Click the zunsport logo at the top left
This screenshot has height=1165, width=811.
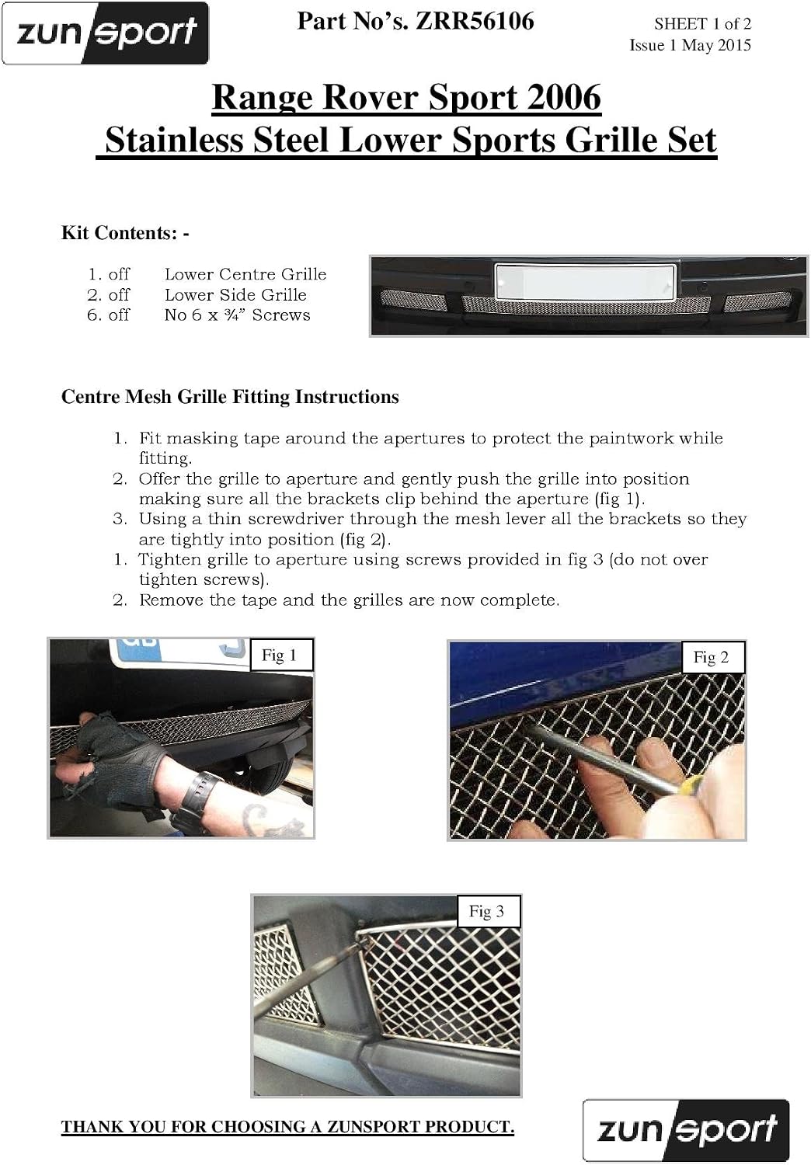click(x=105, y=33)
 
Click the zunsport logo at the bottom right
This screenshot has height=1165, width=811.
click(x=686, y=1128)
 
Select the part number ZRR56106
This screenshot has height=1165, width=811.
click(x=475, y=21)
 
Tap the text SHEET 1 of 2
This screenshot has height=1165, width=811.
click(x=702, y=24)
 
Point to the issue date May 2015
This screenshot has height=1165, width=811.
click(x=716, y=45)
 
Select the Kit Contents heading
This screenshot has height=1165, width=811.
click(x=125, y=232)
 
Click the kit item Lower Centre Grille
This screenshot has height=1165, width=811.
click(x=245, y=274)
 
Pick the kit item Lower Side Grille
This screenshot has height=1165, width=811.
click(x=235, y=295)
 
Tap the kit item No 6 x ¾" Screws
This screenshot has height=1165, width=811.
click(x=237, y=315)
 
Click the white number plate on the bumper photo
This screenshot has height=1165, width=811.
click(x=585, y=282)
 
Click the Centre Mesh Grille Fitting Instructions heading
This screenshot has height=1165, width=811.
click(x=230, y=397)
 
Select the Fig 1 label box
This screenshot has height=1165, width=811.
click(x=281, y=655)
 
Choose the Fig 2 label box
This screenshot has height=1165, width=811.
click(x=712, y=657)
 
